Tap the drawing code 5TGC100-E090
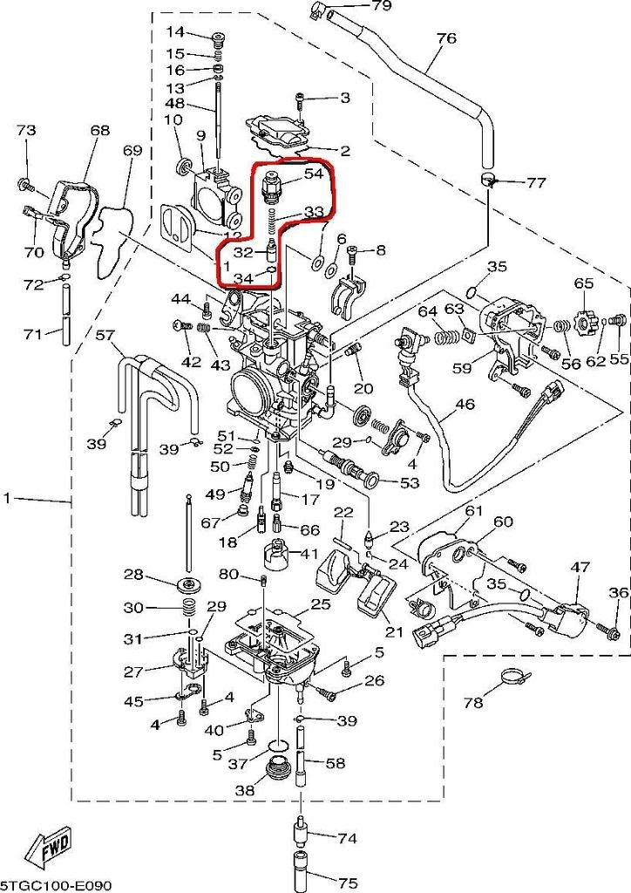[x=56, y=884]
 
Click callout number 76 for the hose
[x=445, y=38]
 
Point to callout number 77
[x=535, y=183]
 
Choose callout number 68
[x=100, y=131]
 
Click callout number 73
[x=26, y=131]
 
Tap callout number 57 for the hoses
[x=105, y=335]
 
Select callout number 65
[x=583, y=283]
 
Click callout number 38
[x=244, y=790]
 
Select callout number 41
[x=309, y=553]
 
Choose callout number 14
[x=175, y=32]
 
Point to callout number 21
[x=395, y=632]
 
